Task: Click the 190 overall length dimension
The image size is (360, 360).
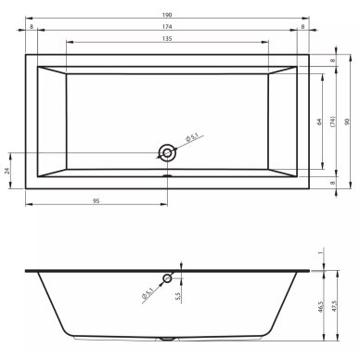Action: click(167, 15)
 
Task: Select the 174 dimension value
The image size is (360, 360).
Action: click(167, 27)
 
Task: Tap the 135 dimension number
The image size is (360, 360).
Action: click(167, 39)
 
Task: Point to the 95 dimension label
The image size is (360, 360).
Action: click(96, 201)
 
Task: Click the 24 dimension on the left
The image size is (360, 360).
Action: click(8, 171)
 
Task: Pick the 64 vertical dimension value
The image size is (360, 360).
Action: click(319, 122)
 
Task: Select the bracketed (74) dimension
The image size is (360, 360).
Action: click(332, 122)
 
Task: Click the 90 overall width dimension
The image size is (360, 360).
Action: click(347, 122)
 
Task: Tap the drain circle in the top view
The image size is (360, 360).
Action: click(167, 153)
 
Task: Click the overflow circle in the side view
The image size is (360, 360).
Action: click(167, 278)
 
